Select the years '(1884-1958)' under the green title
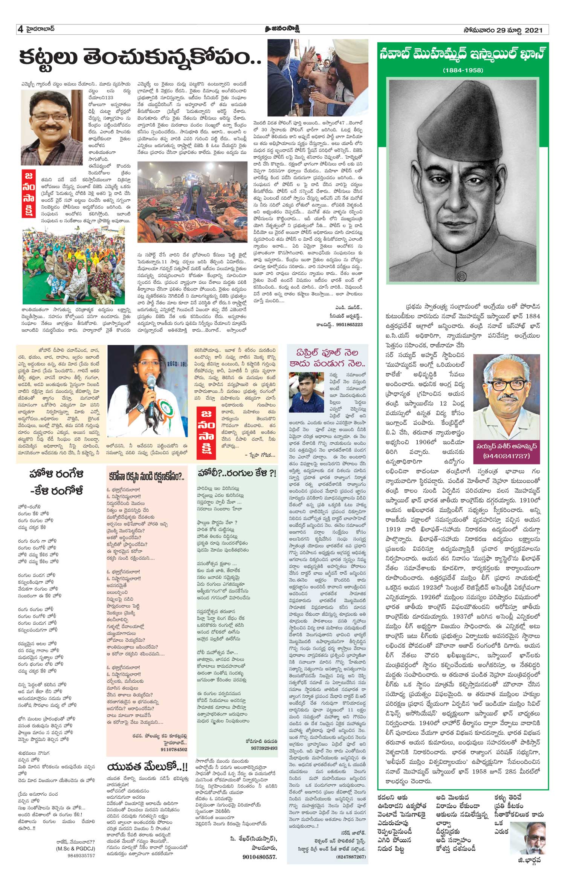pyautogui.click(x=463, y=70)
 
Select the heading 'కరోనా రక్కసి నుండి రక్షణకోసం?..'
pyautogui.click(x=147, y=477)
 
